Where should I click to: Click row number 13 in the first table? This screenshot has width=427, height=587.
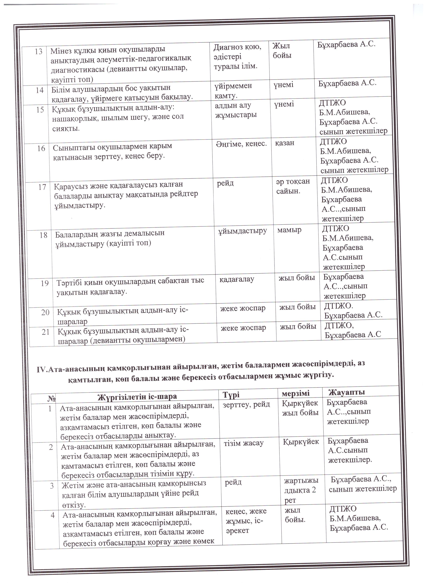[x=38, y=52]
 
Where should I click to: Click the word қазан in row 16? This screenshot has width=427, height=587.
[x=285, y=143]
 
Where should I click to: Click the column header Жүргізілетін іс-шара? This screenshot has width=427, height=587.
[x=137, y=397]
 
